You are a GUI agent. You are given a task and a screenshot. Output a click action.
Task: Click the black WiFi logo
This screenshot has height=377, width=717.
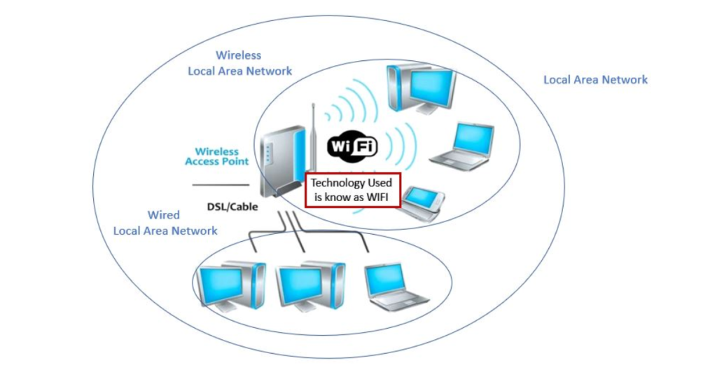(x=353, y=146)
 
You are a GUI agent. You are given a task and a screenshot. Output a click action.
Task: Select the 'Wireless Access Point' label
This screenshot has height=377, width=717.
(x=216, y=156)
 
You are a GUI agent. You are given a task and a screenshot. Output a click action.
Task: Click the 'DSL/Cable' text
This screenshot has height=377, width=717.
(x=232, y=207)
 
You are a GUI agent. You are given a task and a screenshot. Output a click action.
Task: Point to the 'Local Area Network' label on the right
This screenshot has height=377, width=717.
(x=595, y=80)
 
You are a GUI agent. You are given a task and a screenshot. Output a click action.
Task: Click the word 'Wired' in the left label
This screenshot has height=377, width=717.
(x=163, y=215)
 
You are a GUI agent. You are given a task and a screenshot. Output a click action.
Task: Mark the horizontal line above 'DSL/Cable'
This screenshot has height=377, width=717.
(x=220, y=185)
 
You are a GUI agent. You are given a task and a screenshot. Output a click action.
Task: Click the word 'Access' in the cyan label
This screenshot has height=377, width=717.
(x=202, y=162)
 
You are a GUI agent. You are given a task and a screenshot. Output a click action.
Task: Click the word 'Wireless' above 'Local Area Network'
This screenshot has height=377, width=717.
(x=238, y=55)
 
